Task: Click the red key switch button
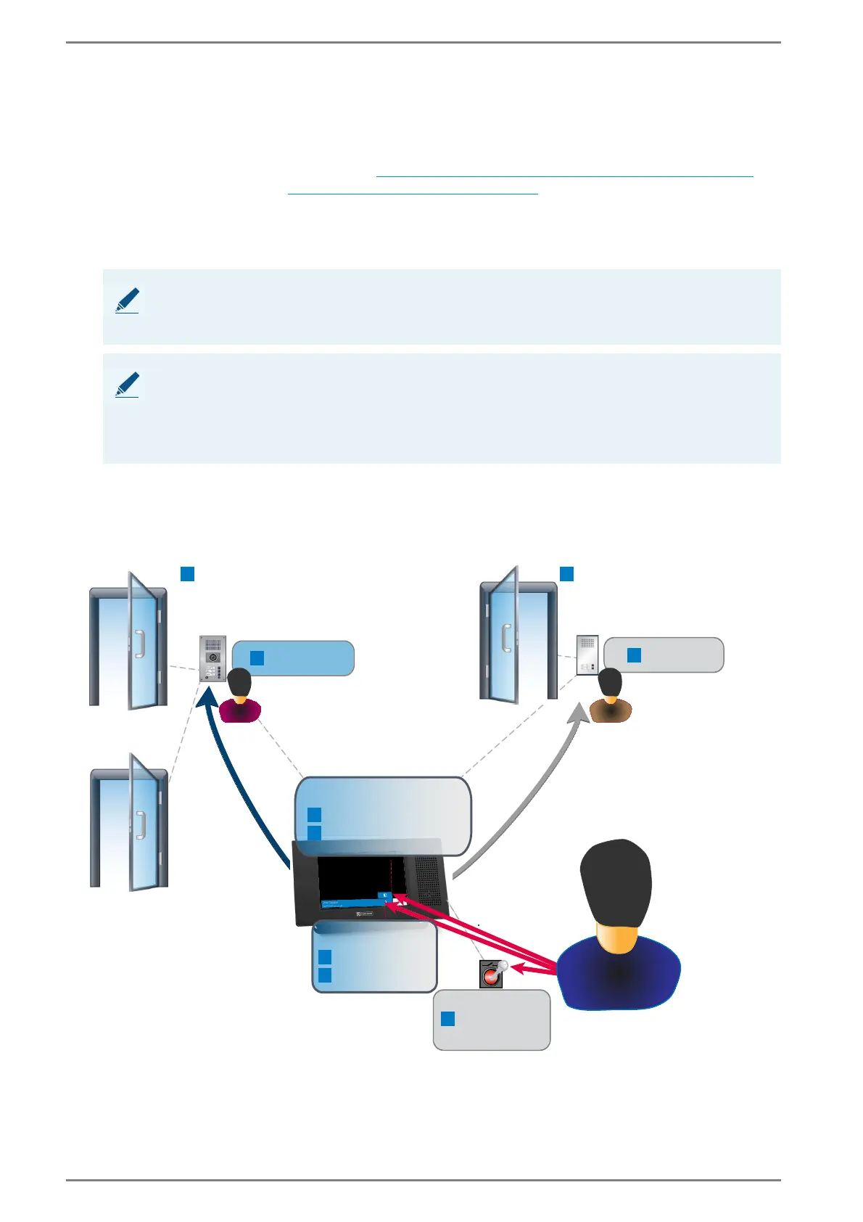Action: pyautogui.click(x=491, y=974)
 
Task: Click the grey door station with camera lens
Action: pyautogui.click(x=212, y=658)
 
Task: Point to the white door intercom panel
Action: pyautogui.click(x=587, y=655)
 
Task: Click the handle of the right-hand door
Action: pyautogui.click(x=505, y=636)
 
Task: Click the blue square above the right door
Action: pyautogui.click(x=567, y=574)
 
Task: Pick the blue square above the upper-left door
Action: pyautogui.click(x=187, y=574)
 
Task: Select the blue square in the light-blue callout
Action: pyautogui.click(x=257, y=658)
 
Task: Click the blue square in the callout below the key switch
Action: pyautogui.click(x=448, y=1019)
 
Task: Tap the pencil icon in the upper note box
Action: pyautogui.click(x=128, y=300)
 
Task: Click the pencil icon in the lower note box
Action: pyautogui.click(x=128, y=385)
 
